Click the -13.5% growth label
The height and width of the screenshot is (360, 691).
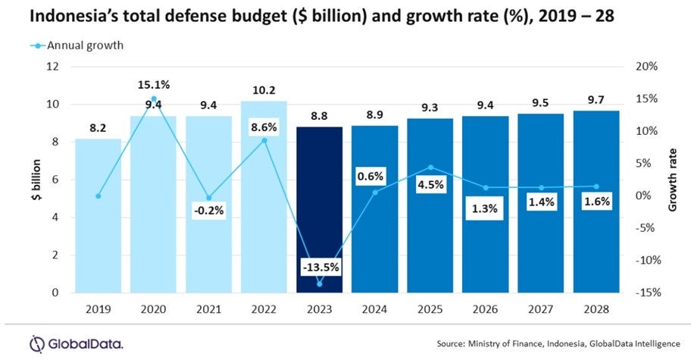[x=319, y=268]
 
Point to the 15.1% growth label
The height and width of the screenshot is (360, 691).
[x=154, y=85]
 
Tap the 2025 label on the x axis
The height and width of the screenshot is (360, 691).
[x=430, y=308]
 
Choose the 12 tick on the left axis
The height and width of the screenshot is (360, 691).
[x=52, y=67]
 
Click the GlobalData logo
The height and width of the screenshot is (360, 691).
[x=76, y=343]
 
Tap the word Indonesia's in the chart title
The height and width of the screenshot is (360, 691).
[x=70, y=17]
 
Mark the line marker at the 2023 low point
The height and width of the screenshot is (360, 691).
[x=319, y=283]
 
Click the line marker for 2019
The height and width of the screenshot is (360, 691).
[x=98, y=196]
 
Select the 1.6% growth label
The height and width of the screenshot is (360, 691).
[x=596, y=202]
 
